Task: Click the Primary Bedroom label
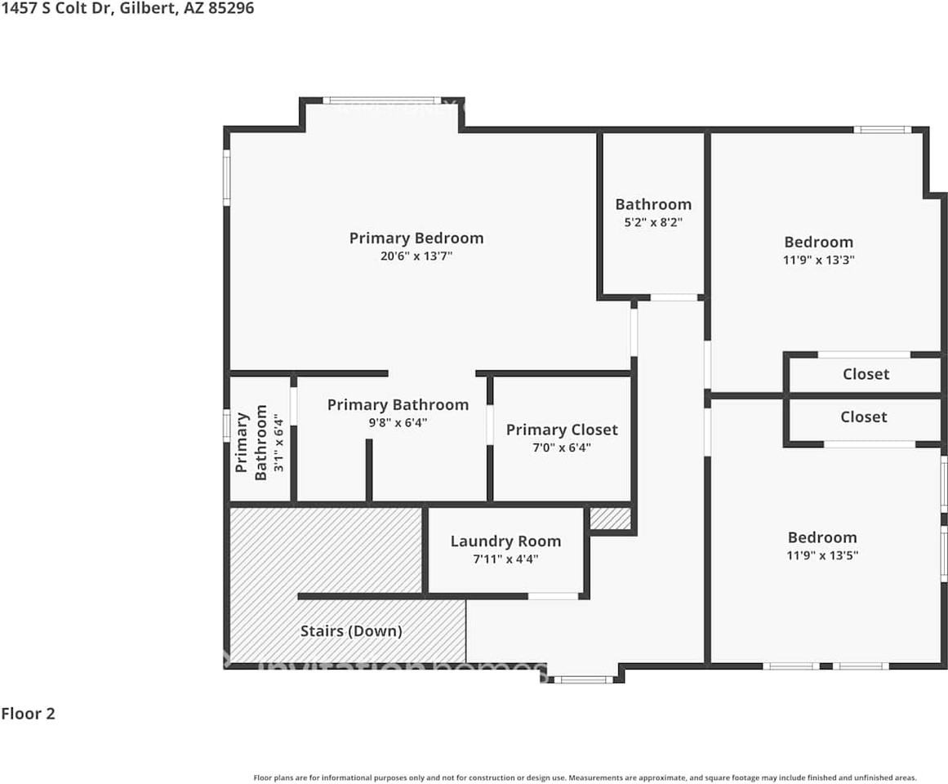[416, 238]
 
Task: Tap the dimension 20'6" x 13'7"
[416, 256]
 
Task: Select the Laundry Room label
[505, 541]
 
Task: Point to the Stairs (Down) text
[351, 631]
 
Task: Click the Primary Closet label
[562, 430]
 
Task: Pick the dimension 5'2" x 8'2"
[653, 222]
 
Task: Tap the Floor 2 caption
[28, 713]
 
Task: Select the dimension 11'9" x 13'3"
[819, 260]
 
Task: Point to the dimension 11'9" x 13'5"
[822, 555]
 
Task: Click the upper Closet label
[866, 374]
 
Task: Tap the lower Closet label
[863, 417]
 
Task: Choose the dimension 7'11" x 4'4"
[505, 559]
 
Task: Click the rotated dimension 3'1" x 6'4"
[278, 443]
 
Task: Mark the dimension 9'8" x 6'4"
[398, 422]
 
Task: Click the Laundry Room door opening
[553, 597]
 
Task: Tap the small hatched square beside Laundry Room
[610, 519]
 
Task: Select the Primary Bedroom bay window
[382, 100]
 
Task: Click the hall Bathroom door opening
[674, 297]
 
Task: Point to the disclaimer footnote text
[585, 778]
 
